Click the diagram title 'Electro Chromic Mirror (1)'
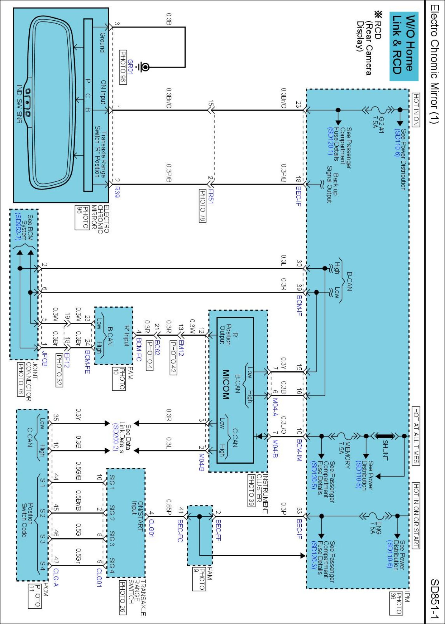tap(434, 64)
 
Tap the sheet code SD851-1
tap(434, 599)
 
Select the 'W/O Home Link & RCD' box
tap(404, 46)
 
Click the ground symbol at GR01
tap(144, 67)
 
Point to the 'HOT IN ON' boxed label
tap(416, 110)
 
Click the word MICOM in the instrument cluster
tap(226, 384)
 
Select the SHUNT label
tap(385, 450)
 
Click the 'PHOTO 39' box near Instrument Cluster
tap(251, 490)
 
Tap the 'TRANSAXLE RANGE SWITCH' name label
tap(137, 597)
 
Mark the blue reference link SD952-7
tap(18, 227)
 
